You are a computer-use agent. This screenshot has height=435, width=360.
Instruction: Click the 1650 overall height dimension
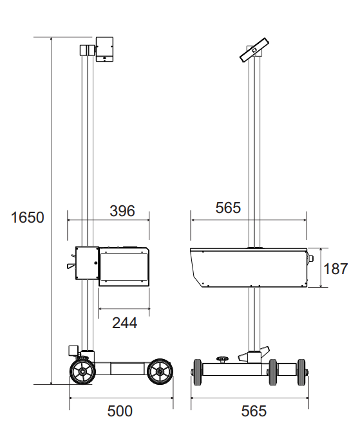pos(28,217)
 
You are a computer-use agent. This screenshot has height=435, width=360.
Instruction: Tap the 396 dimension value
pos(122,211)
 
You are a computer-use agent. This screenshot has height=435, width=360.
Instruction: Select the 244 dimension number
pos(125,322)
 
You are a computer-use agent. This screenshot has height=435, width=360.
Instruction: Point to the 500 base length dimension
pos(120,411)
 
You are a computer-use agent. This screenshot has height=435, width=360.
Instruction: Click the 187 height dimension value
pos(336,268)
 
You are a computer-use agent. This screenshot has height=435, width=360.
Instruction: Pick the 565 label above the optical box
pos(228,208)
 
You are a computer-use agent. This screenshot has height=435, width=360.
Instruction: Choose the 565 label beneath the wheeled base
pos(254,411)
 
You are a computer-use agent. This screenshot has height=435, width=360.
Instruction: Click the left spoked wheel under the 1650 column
pos(82,371)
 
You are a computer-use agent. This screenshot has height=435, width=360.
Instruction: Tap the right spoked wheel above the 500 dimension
pos(160,372)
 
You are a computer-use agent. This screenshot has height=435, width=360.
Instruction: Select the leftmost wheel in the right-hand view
pos(197,373)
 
